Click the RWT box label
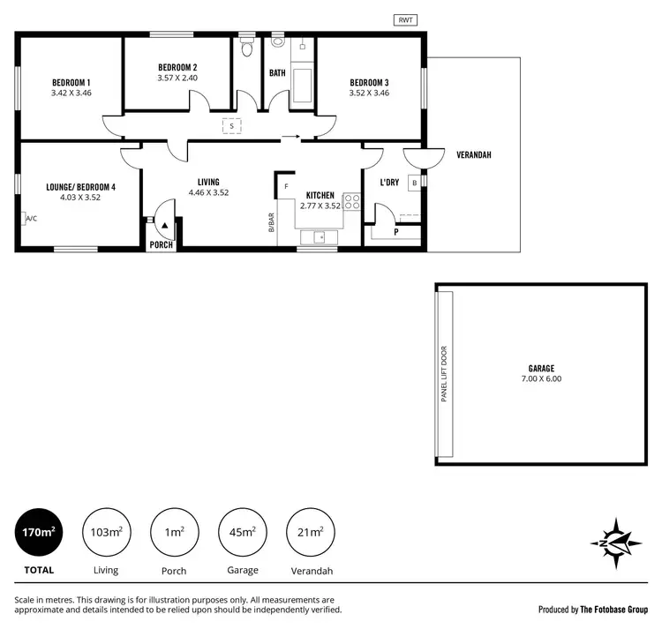(x=405, y=19)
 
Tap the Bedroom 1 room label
(x=71, y=82)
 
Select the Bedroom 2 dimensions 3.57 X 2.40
(x=177, y=78)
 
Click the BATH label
(x=277, y=72)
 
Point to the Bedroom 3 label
(x=369, y=82)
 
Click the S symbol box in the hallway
(x=231, y=126)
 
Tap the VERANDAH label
(x=473, y=155)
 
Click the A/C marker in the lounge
(x=31, y=218)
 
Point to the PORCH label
(x=161, y=244)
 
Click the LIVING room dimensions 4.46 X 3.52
(x=207, y=191)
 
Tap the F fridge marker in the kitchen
(x=286, y=186)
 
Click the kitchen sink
(x=320, y=237)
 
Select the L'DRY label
(x=390, y=183)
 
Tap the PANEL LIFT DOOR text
(x=444, y=374)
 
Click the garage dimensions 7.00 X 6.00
(x=541, y=378)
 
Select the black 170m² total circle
(x=40, y=532)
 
